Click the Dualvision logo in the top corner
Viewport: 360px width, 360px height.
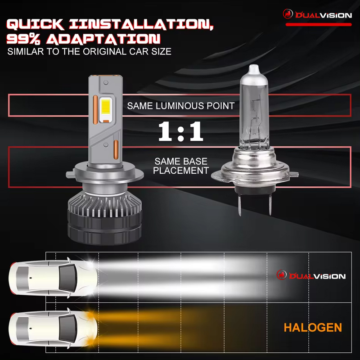317,15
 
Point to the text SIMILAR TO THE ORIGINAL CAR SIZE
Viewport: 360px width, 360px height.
89,51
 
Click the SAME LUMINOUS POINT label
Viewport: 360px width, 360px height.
180,106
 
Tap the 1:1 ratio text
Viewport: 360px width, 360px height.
180,132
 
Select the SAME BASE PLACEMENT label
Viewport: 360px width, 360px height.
180,166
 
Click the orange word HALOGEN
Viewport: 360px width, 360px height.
313,328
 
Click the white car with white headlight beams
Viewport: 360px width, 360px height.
52,275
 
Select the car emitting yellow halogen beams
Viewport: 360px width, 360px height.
52,326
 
